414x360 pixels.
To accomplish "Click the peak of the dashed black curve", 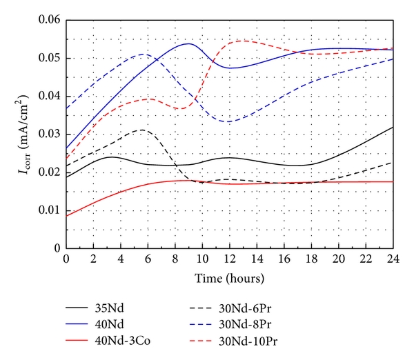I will click(x=141, y=130).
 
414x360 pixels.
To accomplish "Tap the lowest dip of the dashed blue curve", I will click(x=228, y=121).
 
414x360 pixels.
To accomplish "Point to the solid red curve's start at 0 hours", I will click(x=66, y=216).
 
